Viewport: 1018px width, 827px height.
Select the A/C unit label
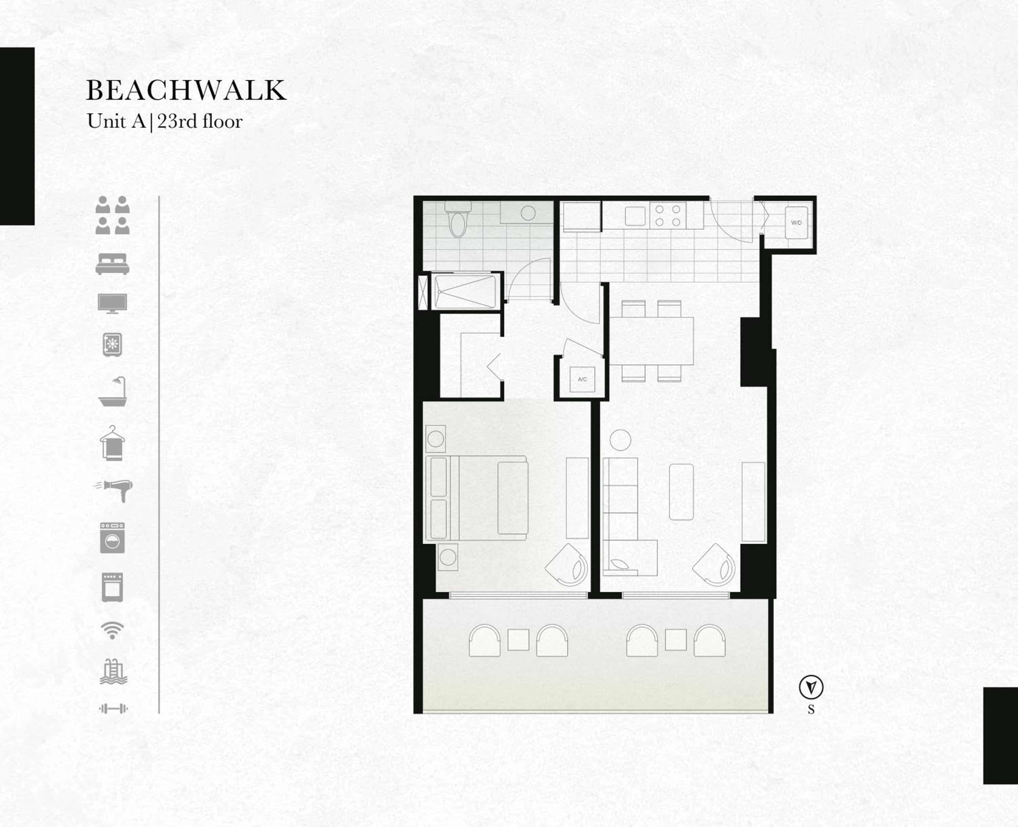[582, 380]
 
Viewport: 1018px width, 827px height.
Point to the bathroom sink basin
[528, 213]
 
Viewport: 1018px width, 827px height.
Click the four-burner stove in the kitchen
[667, 215]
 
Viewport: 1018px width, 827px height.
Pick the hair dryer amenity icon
[113, 490]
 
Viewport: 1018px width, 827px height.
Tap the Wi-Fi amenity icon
[112, 630]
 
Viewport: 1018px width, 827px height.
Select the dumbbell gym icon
[113, 709]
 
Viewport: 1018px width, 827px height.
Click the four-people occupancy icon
[112, 215]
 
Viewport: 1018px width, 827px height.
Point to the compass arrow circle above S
[811, 687]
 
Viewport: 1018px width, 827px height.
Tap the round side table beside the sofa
[620, 440]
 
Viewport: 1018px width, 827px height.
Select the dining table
[652, 341]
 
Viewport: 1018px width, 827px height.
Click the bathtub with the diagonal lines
[465, 291]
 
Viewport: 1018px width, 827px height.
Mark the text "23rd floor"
[200, 122]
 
